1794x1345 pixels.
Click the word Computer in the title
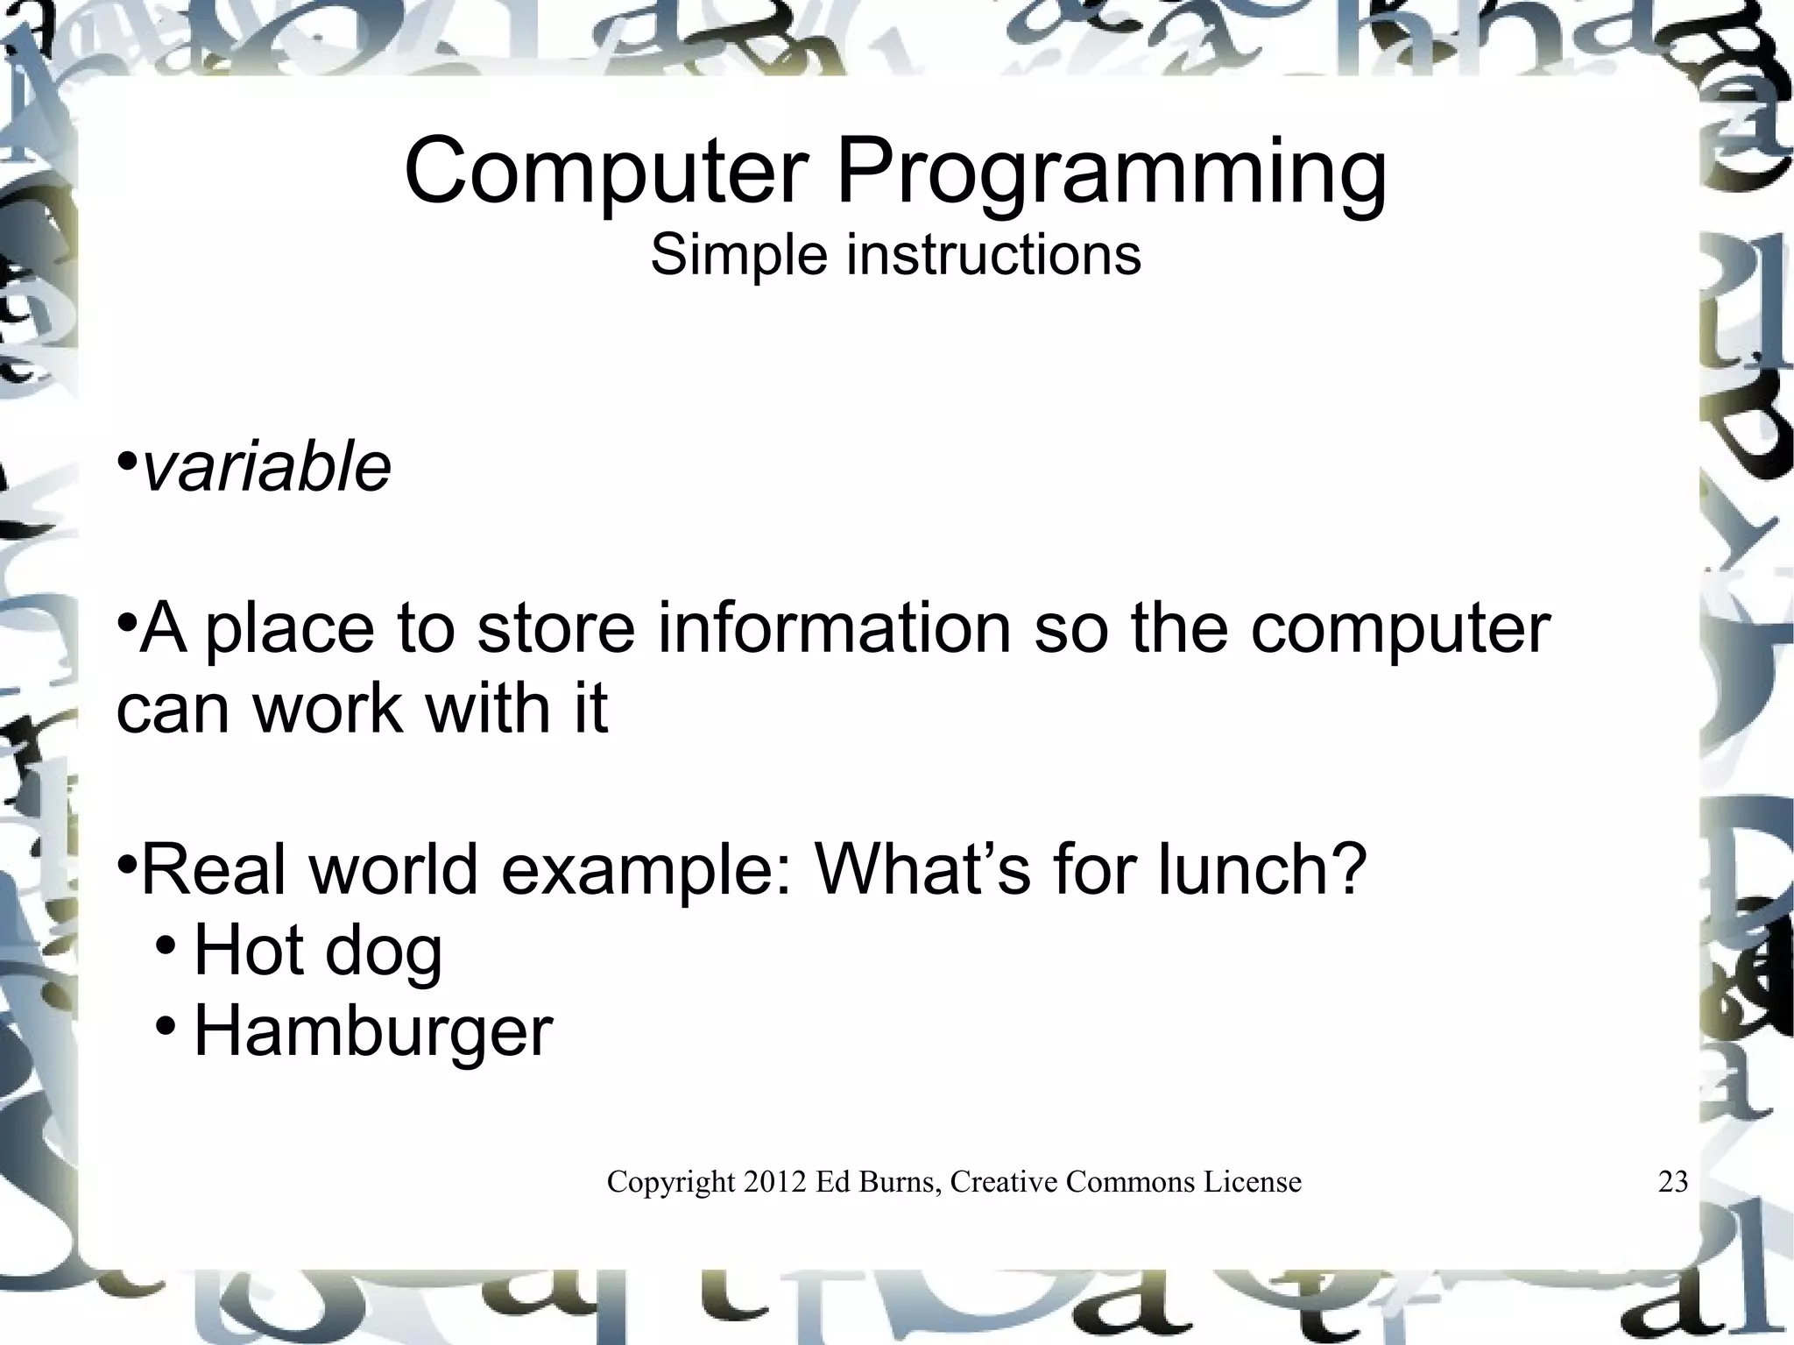[605, 171]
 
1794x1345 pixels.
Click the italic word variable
[265, 467]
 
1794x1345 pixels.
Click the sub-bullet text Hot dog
[317, 951]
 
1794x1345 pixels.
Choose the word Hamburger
[372, 1032]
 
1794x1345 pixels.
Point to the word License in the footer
[1252, 1182]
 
